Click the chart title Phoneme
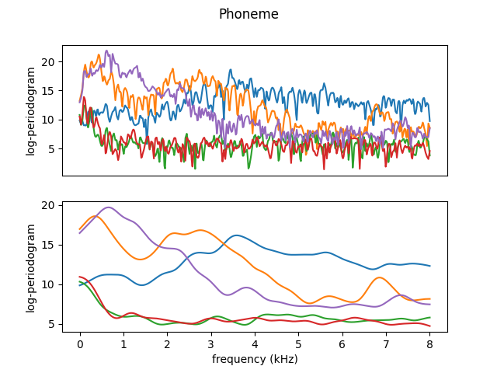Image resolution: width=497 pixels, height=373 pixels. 248,14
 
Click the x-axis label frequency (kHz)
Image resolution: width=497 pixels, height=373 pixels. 255,359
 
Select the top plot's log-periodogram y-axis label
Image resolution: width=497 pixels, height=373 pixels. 31,111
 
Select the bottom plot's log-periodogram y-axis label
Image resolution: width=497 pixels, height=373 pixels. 31,268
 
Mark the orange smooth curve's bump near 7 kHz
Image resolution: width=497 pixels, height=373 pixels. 380,277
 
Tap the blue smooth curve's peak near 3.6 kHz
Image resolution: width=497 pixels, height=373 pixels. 238,235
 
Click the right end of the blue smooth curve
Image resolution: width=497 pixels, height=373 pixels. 429,266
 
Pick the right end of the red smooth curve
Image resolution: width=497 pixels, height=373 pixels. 429,326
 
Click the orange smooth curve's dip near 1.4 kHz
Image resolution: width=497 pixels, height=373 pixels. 141,259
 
